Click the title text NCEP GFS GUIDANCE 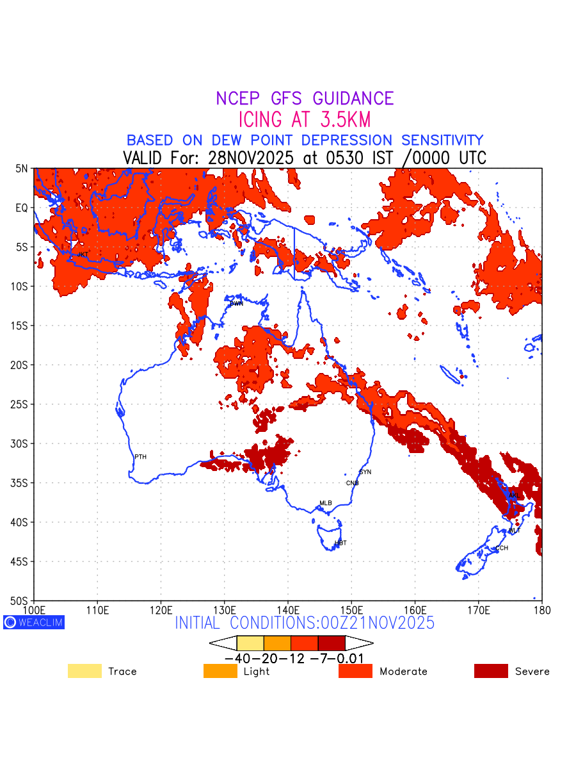tap(305, 99)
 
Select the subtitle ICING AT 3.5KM tap(305, 120)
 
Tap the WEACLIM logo tap(34, 622)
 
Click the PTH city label tap(141, 457)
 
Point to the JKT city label tap(83, 254)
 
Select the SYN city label tap(365, 472)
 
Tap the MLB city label tap(326, 503)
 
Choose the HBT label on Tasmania tap(340, 543)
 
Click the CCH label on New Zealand tap(502, 549)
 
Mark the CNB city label tap(353, 483)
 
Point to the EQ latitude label tap(22, 208)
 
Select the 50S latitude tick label tap(20, 601)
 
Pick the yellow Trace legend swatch tap(84, 672)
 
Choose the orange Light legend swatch tap(220, 672)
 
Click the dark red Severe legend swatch tap(491, 672)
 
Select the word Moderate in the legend tap(403, 672)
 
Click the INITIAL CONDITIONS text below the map tap(305, 623)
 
